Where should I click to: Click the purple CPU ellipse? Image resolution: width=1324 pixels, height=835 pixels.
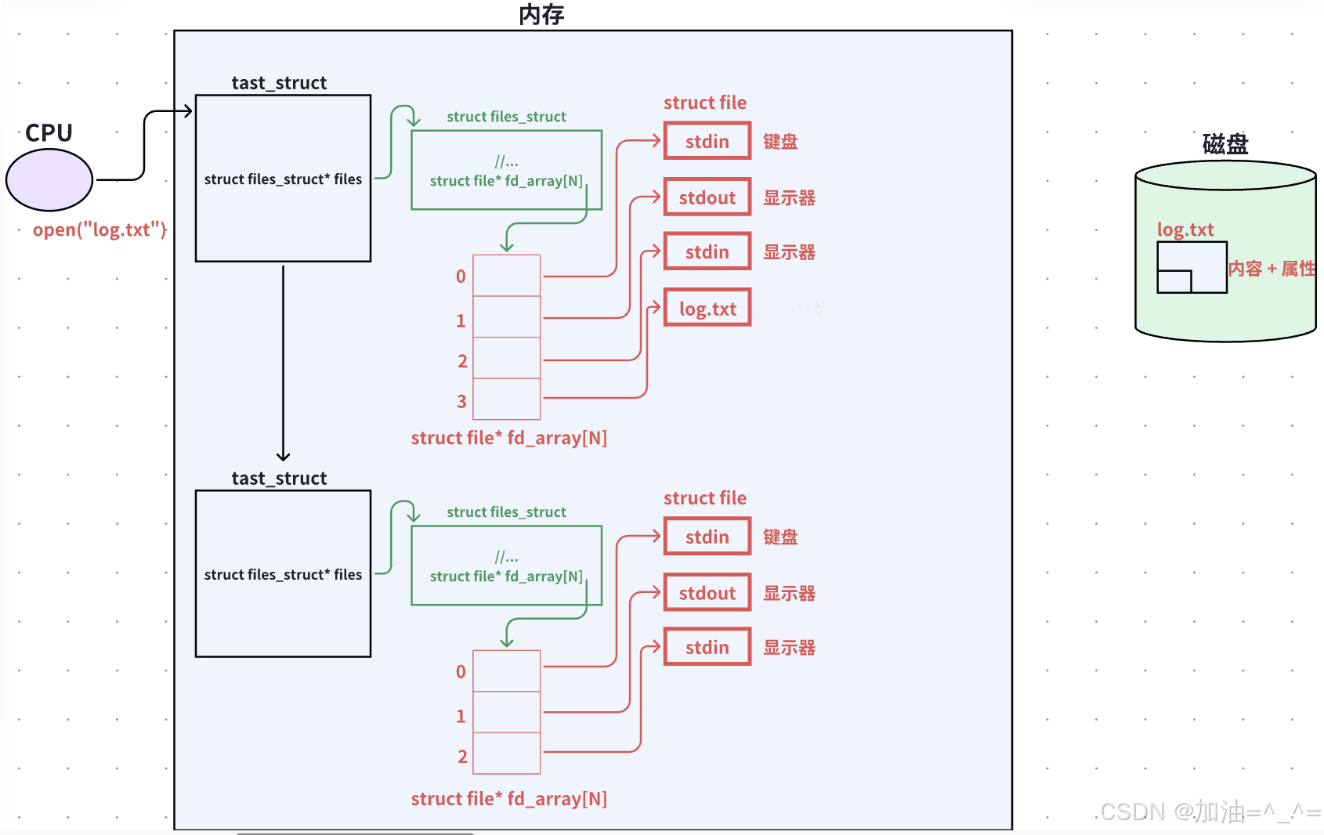coord(49,179)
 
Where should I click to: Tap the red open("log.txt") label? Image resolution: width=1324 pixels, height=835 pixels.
coord(99,230)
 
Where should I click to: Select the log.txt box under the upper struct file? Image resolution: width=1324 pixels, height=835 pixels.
coord(707,307)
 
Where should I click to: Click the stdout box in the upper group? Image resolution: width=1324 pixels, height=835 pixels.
coord(707,197)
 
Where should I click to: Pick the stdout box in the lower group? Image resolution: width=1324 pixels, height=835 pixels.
coord(707,592)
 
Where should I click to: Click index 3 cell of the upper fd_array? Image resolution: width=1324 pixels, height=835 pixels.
coord(507,399)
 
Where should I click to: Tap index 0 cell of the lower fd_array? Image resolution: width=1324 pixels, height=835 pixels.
coord(507,671)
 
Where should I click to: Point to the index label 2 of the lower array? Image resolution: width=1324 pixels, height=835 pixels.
coord(462,756)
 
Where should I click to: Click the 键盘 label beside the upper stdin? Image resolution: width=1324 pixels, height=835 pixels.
coord(780,141)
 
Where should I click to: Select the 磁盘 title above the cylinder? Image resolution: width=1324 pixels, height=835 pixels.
coord(1225,143)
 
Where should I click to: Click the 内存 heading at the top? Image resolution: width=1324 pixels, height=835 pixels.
coord(541,14)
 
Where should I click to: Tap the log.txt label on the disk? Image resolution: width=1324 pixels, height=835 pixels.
coord(1185,230)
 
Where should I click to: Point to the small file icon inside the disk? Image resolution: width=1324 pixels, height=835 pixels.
coord(1192,267)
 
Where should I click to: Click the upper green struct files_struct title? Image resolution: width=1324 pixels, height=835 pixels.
coord(507,117)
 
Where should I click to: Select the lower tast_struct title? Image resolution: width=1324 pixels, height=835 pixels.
coord(279,478)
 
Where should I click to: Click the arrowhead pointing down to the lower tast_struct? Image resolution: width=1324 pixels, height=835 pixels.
coord(283,456)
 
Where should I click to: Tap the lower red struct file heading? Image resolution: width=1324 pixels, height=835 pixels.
coord(705,497)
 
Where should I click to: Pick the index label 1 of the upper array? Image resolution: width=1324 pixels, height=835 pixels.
coord(461,320)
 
